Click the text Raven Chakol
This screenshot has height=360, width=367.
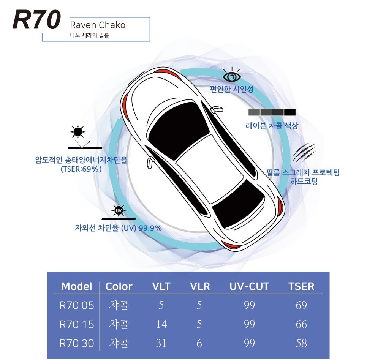pos(99,25)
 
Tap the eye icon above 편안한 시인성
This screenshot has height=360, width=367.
pos(232,76)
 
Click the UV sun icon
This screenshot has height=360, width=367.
pos(119,211)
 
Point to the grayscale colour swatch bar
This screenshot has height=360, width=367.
pos(272,112)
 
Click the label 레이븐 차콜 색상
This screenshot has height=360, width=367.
pos(272,125)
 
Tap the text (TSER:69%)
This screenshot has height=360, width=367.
pos(81,169)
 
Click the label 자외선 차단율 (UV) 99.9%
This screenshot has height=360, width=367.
pos(119,228)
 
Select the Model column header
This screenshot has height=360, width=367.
pos(77,286)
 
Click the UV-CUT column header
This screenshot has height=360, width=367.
pos(249,286)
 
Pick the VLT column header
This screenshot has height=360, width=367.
pos(161,286)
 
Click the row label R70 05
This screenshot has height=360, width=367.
pos(77,305)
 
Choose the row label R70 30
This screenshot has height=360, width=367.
pos(77,343)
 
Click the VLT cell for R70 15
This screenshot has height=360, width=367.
pos(161,324)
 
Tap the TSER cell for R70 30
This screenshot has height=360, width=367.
pos(301,343)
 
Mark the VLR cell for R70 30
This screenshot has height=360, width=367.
pos(199,343)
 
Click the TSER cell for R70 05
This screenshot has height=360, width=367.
pos(301,305)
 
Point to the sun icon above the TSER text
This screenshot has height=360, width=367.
pos(78,132)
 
